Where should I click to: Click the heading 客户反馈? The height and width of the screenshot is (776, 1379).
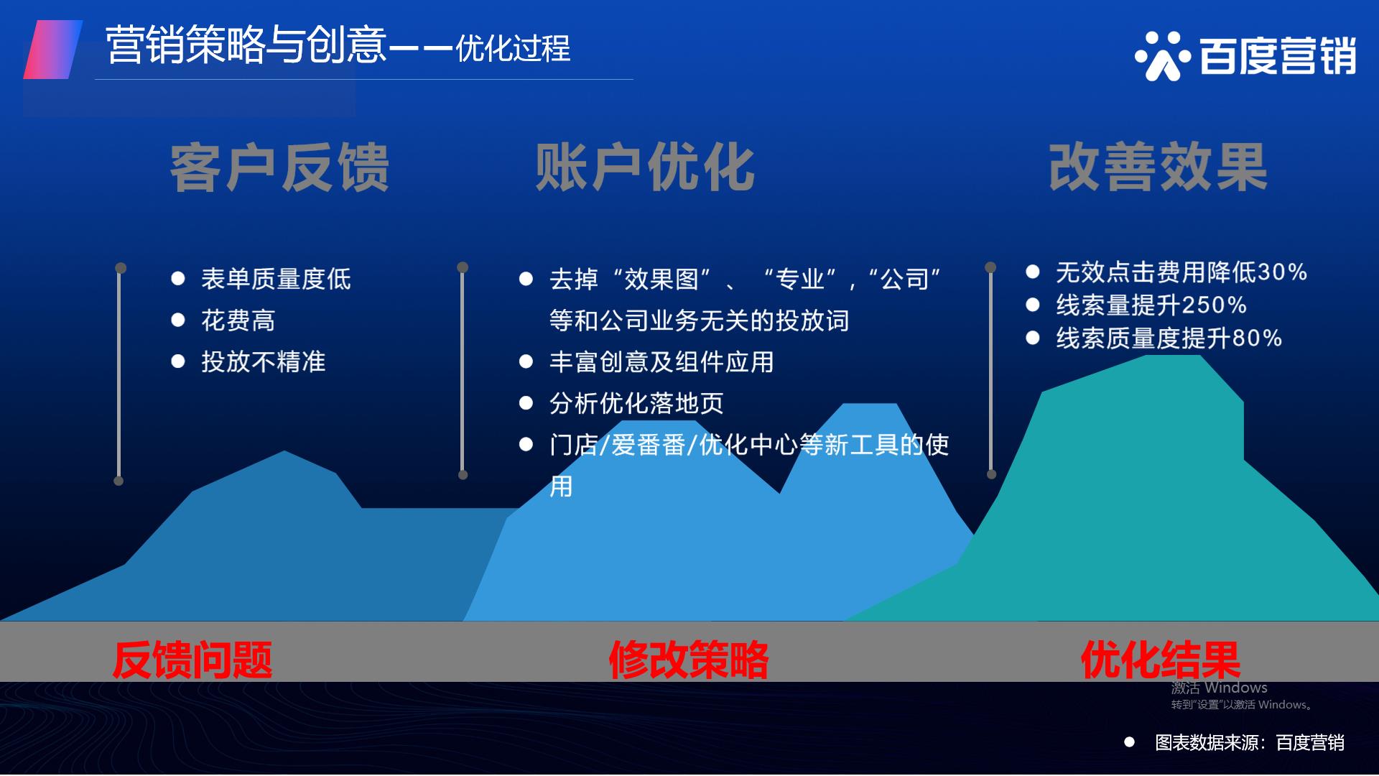[x=279, y=167]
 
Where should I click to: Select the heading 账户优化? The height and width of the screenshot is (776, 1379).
[x=644, y=167]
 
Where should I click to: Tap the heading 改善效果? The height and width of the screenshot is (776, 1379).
[x=1158, y=167]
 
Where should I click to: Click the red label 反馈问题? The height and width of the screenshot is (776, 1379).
[x=192, y=660]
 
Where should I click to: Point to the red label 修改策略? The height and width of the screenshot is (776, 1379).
[x=689, y=660]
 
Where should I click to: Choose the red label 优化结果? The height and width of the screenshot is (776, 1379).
[x=1161, y=660]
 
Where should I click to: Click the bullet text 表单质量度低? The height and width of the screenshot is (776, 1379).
[x=276, y=279]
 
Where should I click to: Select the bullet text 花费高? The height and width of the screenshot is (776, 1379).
[x=238, y=320]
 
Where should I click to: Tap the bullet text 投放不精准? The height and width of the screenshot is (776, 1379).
[x=264, y=361]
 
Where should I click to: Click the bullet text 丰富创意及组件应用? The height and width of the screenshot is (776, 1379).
[x=661, y=361]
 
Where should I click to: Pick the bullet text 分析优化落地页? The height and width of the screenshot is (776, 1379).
[x=636, y=403]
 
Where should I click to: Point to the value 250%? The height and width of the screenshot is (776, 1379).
[x=1214, y=305]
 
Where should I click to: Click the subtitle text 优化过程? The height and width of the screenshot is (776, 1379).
[x=513, y=48]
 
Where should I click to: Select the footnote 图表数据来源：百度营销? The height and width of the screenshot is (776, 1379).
[x=1250, y=742]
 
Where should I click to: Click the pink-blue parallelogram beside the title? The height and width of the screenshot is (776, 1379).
[x=53, y=50]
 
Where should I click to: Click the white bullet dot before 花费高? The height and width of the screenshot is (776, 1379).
[x=178, y=320]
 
